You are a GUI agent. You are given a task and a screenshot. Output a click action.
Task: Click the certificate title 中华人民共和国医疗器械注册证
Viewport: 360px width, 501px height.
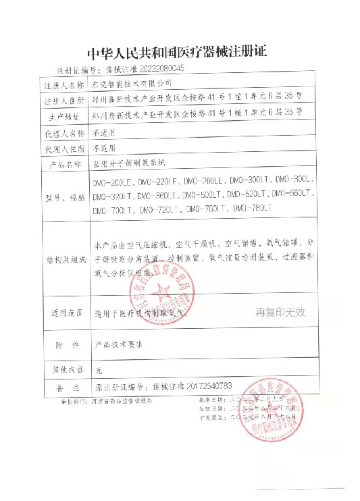point(179,52)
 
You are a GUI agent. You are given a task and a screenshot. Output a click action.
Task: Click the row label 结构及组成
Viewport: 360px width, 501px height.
point(63,259)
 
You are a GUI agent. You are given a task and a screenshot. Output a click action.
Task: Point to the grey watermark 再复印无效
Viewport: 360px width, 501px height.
point(280,312)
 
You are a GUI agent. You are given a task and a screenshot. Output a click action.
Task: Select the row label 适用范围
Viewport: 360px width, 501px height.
point(63,313)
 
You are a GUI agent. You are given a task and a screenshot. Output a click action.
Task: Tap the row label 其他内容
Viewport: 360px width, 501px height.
point(63,369)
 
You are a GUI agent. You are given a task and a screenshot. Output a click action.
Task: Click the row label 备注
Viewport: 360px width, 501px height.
point(63,387)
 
